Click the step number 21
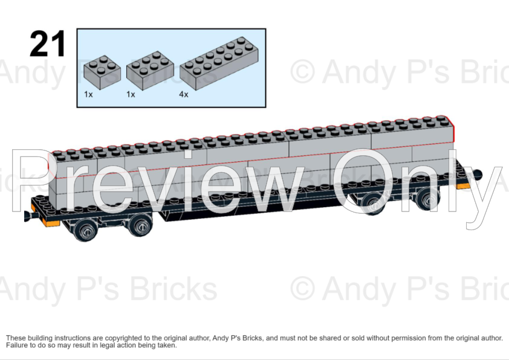pyautogui.click(x=47, y=43)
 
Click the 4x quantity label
pyautogui.click(x=183, y=95)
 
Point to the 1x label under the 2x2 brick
pyautogui.click(x=88, y=95)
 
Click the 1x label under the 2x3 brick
pyautogui.click(x=131, y=95)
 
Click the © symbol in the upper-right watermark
pyautogui.click(x=302, y=72)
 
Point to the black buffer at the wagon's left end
pyautogui.click(x=27, y=214)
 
